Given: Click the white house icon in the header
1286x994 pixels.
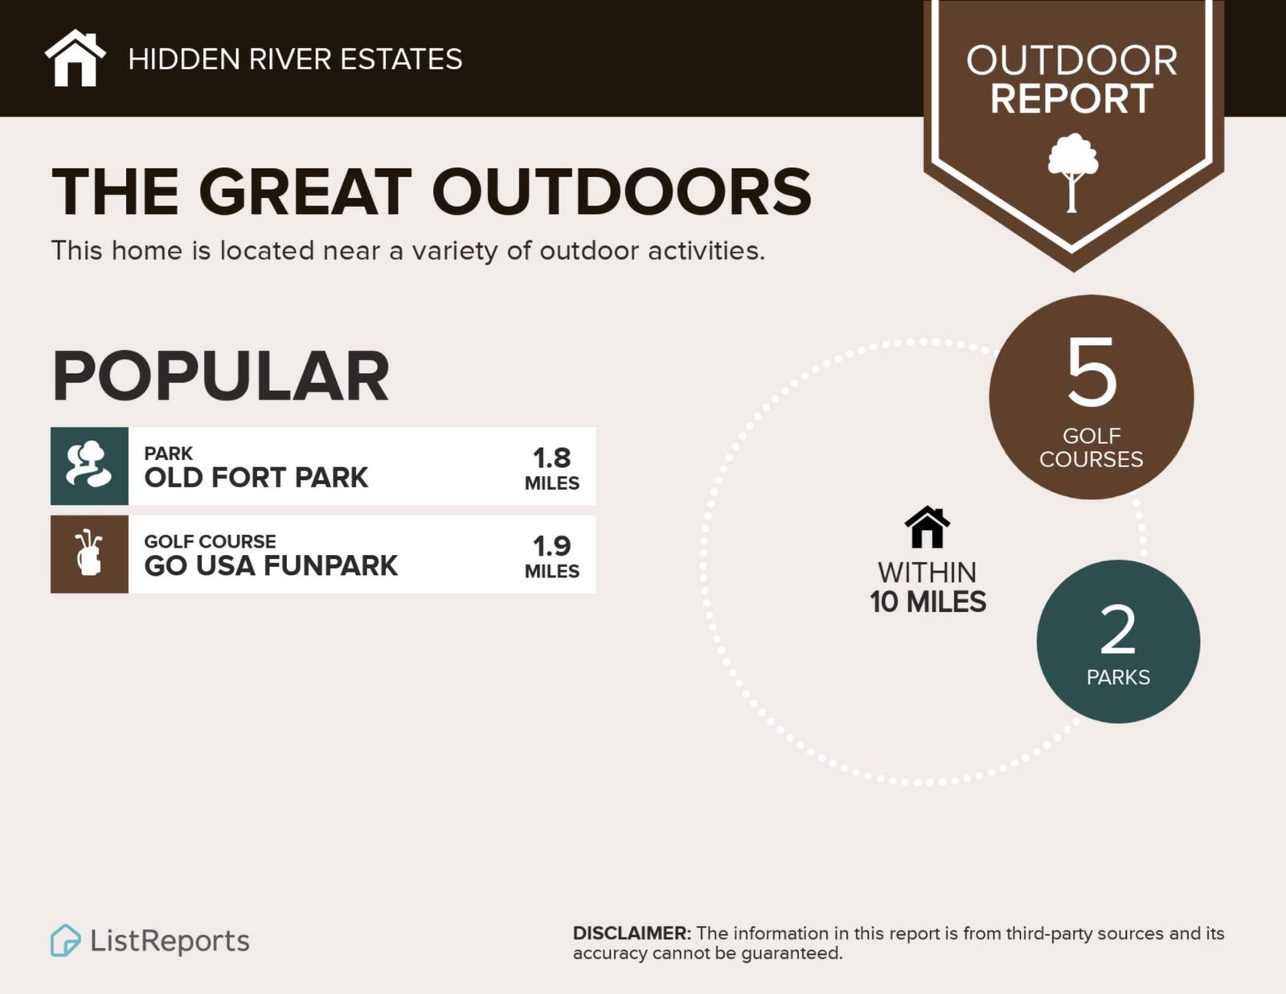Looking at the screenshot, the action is (x=76, y=58).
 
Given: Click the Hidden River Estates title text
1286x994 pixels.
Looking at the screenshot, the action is (x=295, y=60).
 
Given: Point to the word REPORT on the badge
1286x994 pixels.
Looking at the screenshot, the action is (x=1071, y=98).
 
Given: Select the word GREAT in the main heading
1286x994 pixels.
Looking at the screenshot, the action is (x=305, y=192).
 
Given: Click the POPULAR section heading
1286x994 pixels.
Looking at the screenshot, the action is (x=221, y=376).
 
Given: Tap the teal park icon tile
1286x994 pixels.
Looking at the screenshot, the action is (x=89, y=466).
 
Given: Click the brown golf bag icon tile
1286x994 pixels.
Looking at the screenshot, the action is (x=89, y=554).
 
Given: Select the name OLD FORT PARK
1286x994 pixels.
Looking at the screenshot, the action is (x=256, y=478).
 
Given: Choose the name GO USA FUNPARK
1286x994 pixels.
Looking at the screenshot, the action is (x=271, y=565).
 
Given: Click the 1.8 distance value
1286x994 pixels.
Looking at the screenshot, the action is (x=551, y=458).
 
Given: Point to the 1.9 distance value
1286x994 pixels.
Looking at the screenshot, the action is (x=551, y=546).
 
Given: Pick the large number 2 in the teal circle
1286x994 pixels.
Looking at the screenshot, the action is (x=1118, y=630).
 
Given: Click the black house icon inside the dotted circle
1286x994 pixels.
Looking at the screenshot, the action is (x=928, y=527).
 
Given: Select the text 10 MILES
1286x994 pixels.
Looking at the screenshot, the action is (x=928, y=602).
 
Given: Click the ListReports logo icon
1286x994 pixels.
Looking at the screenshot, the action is (x=65, y=940).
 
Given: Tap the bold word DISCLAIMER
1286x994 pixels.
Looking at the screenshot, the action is (x=632, y=934).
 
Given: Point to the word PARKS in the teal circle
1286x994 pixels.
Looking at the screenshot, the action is (x=1119, y=677).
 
